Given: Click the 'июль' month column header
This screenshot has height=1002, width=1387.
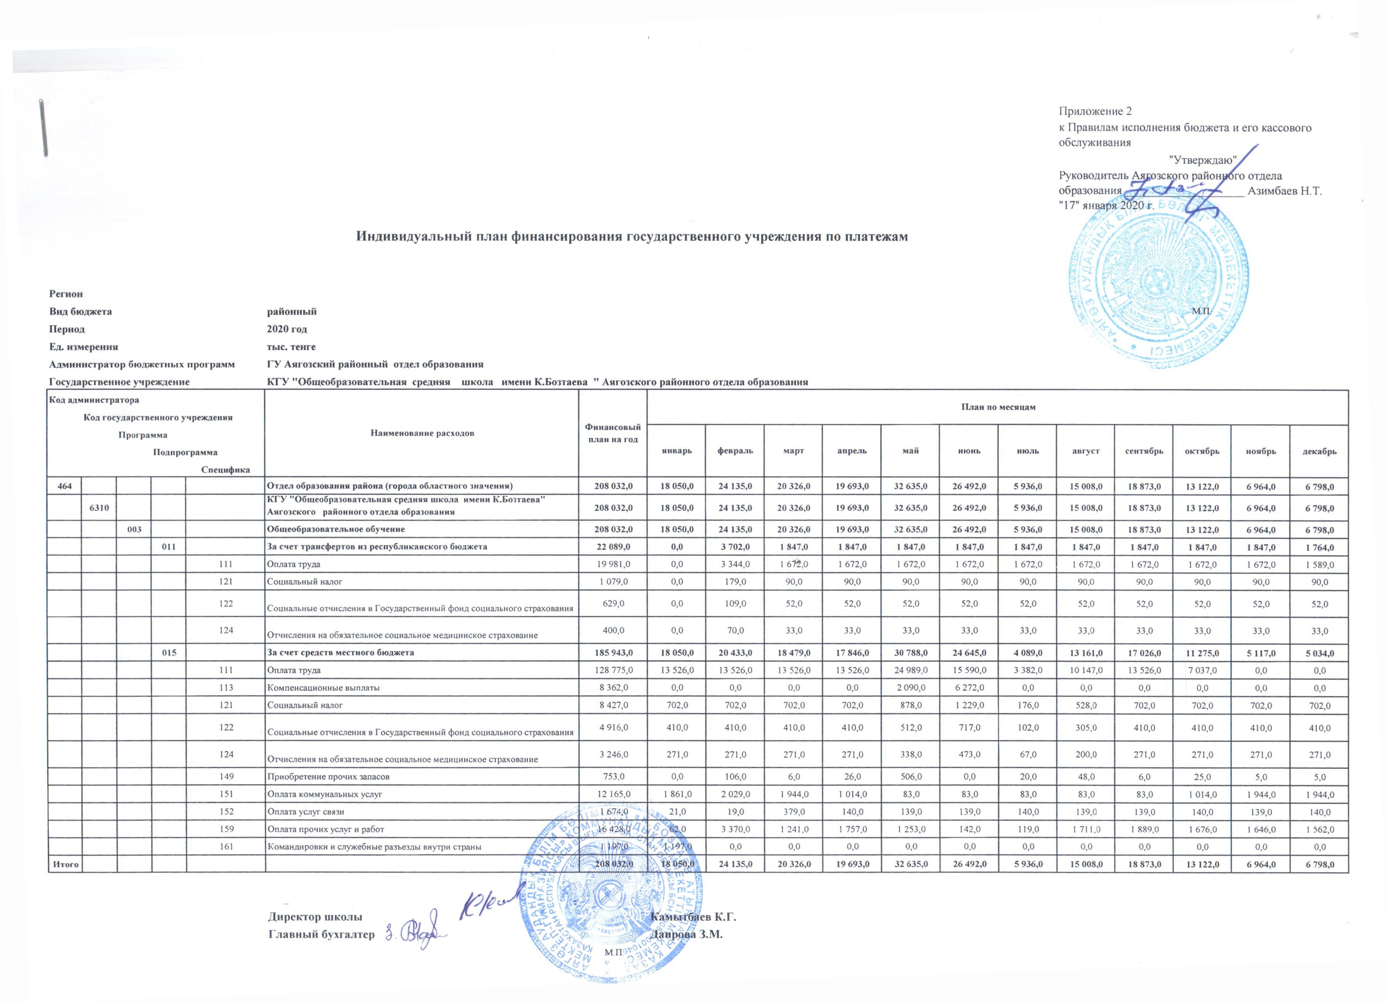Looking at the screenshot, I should click(1027, 451).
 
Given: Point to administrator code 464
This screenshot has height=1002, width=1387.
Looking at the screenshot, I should click(65, 486).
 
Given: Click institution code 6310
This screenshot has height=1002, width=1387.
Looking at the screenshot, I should click(99, 508).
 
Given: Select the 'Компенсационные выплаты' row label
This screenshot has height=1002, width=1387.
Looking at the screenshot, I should click(323, 687).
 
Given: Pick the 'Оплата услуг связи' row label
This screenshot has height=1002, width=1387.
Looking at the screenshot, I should click(306, 812).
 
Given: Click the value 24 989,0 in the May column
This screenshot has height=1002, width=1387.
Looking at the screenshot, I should click(911, 670).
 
